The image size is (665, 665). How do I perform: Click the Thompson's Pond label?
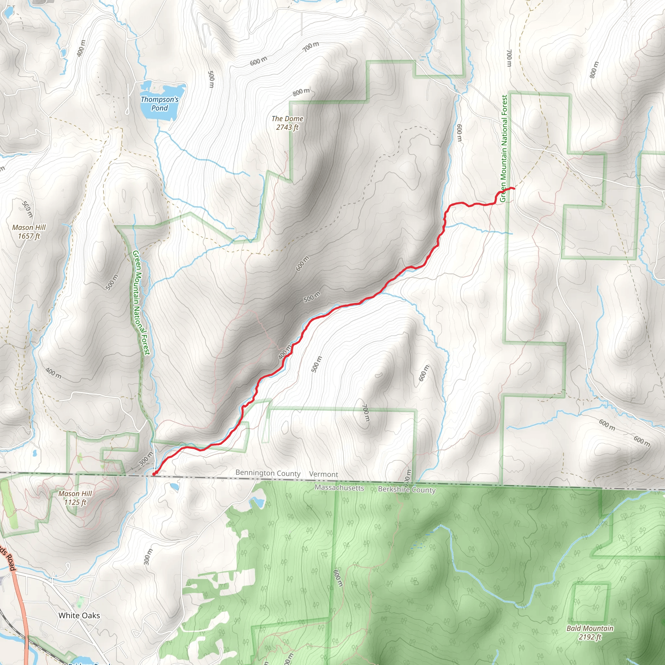(159, 104)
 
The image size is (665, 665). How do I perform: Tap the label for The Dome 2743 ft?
(287, 123)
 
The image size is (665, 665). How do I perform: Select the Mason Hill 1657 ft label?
(29, 232)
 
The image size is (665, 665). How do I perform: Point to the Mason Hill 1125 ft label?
(75, 498)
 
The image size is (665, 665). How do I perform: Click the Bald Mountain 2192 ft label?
(590, 633)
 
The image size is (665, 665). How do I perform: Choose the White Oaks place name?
(79, 615)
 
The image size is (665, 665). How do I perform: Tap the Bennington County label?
(268, 473)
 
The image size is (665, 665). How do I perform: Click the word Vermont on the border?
(323, 474)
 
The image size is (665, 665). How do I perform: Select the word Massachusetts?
(339, 488)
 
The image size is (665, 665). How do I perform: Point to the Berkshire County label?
(407, 489)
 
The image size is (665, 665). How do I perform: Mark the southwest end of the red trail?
(154, 474)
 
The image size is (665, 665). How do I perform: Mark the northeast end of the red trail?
(514, 188)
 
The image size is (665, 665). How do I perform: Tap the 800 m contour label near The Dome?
(301, 92)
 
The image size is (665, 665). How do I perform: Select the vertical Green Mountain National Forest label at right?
(504, 148)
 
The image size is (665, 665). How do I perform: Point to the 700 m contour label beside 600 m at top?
(311, 46)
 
